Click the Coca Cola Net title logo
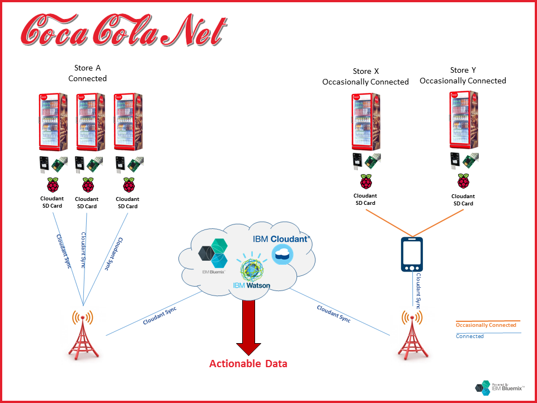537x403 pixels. click(x=123, y=31)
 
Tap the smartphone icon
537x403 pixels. click(x=411, y=255)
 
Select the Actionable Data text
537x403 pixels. click(x=248, y=364)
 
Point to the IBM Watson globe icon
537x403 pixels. click(x=252, y=268)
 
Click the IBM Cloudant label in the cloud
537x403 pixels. click(x=281, y=239)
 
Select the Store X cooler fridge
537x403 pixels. click(x=366, y=122)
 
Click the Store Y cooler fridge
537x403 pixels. click(x=464, y=120)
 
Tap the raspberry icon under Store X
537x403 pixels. click(x=366, y=181)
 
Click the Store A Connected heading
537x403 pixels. click(x=87, y=73)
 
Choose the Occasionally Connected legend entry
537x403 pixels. click(x=486, y=325)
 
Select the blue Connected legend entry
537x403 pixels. click(x=470, y=336)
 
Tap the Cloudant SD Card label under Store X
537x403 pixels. click(x=366, y=199)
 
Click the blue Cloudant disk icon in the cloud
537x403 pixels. click(x=281, y=255)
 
